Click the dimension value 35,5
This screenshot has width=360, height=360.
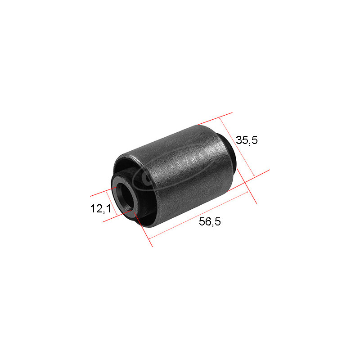247,140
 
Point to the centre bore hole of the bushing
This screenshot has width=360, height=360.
124,197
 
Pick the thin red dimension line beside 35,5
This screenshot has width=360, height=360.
237,147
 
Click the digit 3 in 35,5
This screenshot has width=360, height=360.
239,140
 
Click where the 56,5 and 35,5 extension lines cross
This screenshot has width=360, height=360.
247,182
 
